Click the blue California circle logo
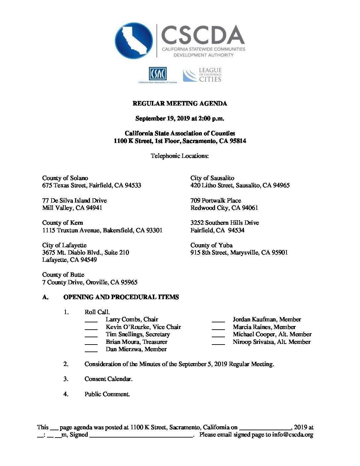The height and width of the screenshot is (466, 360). pos(134,41)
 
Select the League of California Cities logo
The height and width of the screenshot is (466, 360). pos(202,75)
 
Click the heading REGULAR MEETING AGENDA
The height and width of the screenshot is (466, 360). pos(180,104)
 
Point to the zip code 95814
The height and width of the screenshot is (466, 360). pos(238,141)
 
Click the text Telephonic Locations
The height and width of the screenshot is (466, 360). pos(180,156)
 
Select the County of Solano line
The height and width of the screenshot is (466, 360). pos(65,178)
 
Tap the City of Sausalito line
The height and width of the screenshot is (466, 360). pos(212,178)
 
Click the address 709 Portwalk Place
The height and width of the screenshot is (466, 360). pos(215,201)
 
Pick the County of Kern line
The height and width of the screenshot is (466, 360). pos(63,223)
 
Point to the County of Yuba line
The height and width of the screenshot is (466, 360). pos(211,245)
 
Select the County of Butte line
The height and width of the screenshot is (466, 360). pos(63,275)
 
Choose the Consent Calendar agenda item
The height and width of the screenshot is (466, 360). pos(108,379)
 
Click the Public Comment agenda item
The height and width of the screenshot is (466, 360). pos(107,394)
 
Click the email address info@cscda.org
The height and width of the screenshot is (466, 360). pos(292,435)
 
